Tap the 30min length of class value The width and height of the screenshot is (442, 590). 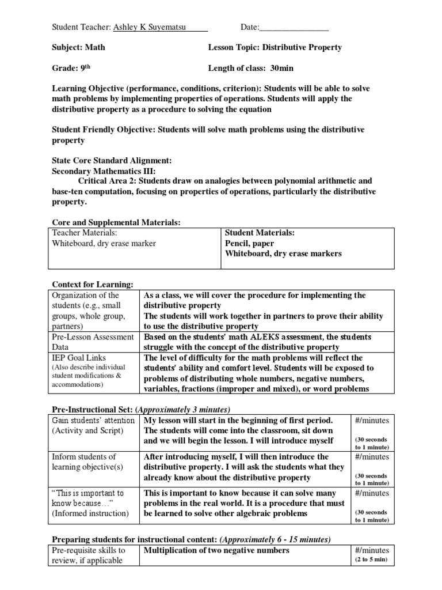(282, 68)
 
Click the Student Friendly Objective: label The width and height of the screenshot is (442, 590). (103, 130)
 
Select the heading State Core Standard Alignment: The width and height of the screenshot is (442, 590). (112, 161)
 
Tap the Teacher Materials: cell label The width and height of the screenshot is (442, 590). (85, 233)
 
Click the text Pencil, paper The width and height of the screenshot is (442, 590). (249, 243)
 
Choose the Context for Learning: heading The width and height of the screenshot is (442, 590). (93, 285)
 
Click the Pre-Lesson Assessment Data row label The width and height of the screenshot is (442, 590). (92, 342)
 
